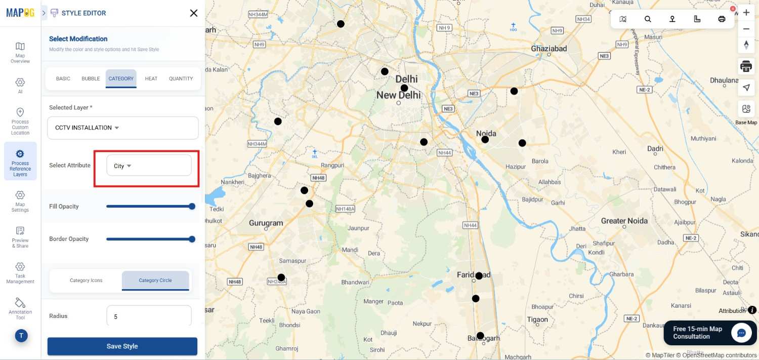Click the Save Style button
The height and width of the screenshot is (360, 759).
[122, 346]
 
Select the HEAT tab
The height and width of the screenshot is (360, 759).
[151, 78]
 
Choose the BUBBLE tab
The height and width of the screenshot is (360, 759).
[91, 78]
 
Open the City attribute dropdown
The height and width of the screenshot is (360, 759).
[148, 166]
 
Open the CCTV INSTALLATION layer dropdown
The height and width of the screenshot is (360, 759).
[122, 128]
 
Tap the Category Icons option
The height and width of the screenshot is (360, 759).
[86, 281]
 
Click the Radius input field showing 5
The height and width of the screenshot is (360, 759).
[149, 316]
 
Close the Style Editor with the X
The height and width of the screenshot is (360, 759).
[193, 13]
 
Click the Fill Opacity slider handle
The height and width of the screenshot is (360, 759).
[192, 206]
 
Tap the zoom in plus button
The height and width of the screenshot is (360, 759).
[746, 12]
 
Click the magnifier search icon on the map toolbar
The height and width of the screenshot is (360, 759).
[648, 19]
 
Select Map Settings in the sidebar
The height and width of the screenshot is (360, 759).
[20, 201]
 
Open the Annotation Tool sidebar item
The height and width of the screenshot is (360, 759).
[20, 308]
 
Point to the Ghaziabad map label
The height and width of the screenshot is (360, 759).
[549, 49]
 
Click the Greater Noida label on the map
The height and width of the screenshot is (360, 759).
[624, 221]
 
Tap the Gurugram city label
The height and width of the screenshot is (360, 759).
[266, 223]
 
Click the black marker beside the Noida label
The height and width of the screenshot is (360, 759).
[485, 139]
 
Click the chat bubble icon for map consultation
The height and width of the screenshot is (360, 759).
[741, 333]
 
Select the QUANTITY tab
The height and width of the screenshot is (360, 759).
[181, 78]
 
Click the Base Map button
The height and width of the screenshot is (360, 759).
[746, 112]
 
